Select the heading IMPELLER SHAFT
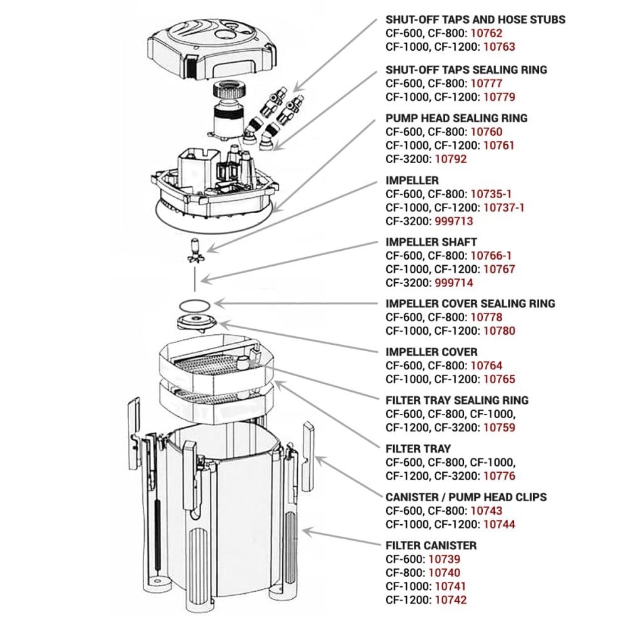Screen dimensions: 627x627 tap(431, 241)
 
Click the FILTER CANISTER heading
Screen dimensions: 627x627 tap(431, 545)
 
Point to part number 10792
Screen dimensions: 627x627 tap(450, 159)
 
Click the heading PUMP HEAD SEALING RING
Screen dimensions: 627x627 tap(456, 118)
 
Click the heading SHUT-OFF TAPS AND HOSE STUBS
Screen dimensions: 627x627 tap(475, 19)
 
